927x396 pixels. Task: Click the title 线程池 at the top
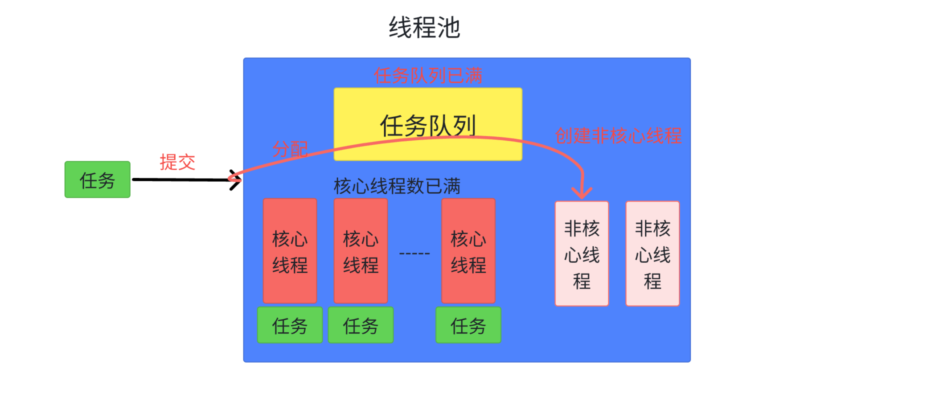click(x=424, y=28)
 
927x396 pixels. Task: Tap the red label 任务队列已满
click(x=428, y=76)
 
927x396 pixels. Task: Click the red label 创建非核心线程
click(x=618, y=136)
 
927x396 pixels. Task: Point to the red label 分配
click(x=290, y=149)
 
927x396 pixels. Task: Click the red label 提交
click(x=177, y=162)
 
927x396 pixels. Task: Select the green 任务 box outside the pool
click(x=97, y=180)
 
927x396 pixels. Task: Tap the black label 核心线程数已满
click(x=397, y=186)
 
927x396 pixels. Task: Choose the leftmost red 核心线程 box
click(x=290, y=251)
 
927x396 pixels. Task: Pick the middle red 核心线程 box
click(x=361, y=251)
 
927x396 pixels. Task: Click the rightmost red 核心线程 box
click(x=468, y=251)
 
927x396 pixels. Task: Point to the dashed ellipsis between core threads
click(x=414, y=253)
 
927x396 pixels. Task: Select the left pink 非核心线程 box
click(x=582, y=253)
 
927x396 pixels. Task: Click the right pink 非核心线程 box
click(x=652, y=253)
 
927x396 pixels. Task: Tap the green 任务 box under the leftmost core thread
click(x=290, y=325)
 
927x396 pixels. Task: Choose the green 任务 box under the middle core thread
click(x=361, y=325)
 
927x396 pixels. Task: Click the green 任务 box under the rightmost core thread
click(x=468, y=325)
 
